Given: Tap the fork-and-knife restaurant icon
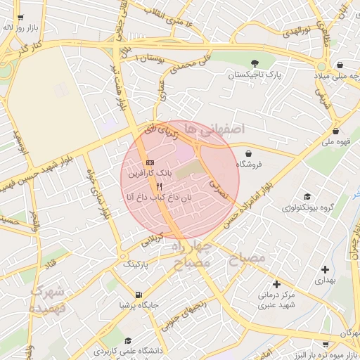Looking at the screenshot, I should pyautogui.click(x=160, y=187).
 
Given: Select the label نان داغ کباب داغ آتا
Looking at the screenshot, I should pyautogui.click(x=158, y=199).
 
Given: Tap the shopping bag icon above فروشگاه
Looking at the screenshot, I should pyautogui.click(x=248, y=153).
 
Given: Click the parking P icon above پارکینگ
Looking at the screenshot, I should pyautogui.click(x=136, y=255).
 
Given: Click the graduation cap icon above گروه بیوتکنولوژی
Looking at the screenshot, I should pyautogui.click(x=307, y=197).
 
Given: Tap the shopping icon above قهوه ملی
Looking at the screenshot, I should pyautogui.click(x=336, y=131).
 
